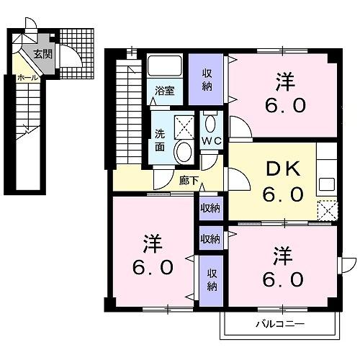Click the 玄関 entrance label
point(42,53)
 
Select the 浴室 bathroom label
point(165,91)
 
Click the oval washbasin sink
point(184,152)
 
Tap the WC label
point(211,140)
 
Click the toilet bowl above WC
point(210,122)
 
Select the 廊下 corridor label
point(189,181)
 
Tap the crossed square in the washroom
point(184,127)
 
